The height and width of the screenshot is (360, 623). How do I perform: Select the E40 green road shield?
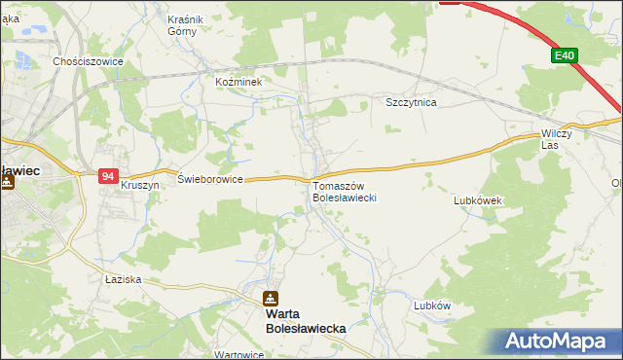(x=566, y=56)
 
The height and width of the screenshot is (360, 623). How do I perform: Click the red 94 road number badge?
(x=108, y=176)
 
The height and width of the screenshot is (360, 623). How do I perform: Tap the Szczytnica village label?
(x=411, y=102)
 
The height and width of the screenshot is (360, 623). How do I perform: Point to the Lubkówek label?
(x=477, y=200)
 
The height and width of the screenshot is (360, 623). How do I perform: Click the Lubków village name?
(x=432, y=305)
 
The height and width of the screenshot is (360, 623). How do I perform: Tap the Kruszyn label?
(x=138, y=184)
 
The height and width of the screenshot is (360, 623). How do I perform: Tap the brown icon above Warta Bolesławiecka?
(x=271, y=299)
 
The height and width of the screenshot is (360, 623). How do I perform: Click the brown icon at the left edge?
(x=6, y=182)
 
